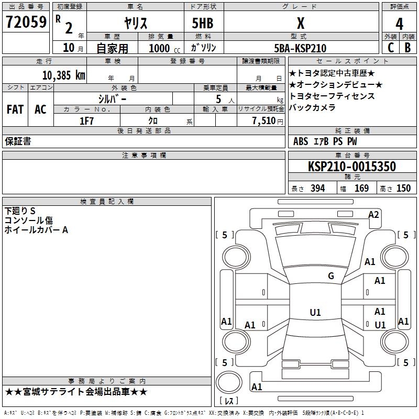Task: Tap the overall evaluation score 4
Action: pos(399,24)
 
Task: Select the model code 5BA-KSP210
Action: pos(300,48)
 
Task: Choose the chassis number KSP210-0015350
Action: pos(351,167)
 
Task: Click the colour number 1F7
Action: pos(86,121)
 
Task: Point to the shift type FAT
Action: pos(15,109)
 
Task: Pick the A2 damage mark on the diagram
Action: pos(373,214)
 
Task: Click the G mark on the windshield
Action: pos(330,276)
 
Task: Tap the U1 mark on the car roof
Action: pos(315,313)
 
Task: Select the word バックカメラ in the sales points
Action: pos(313,108)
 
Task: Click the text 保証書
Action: pos(18,141)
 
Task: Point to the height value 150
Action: pos(403,189)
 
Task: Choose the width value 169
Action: pos(361,189)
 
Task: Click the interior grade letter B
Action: pos(408,48)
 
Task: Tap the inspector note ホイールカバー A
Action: pos(36,229)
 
